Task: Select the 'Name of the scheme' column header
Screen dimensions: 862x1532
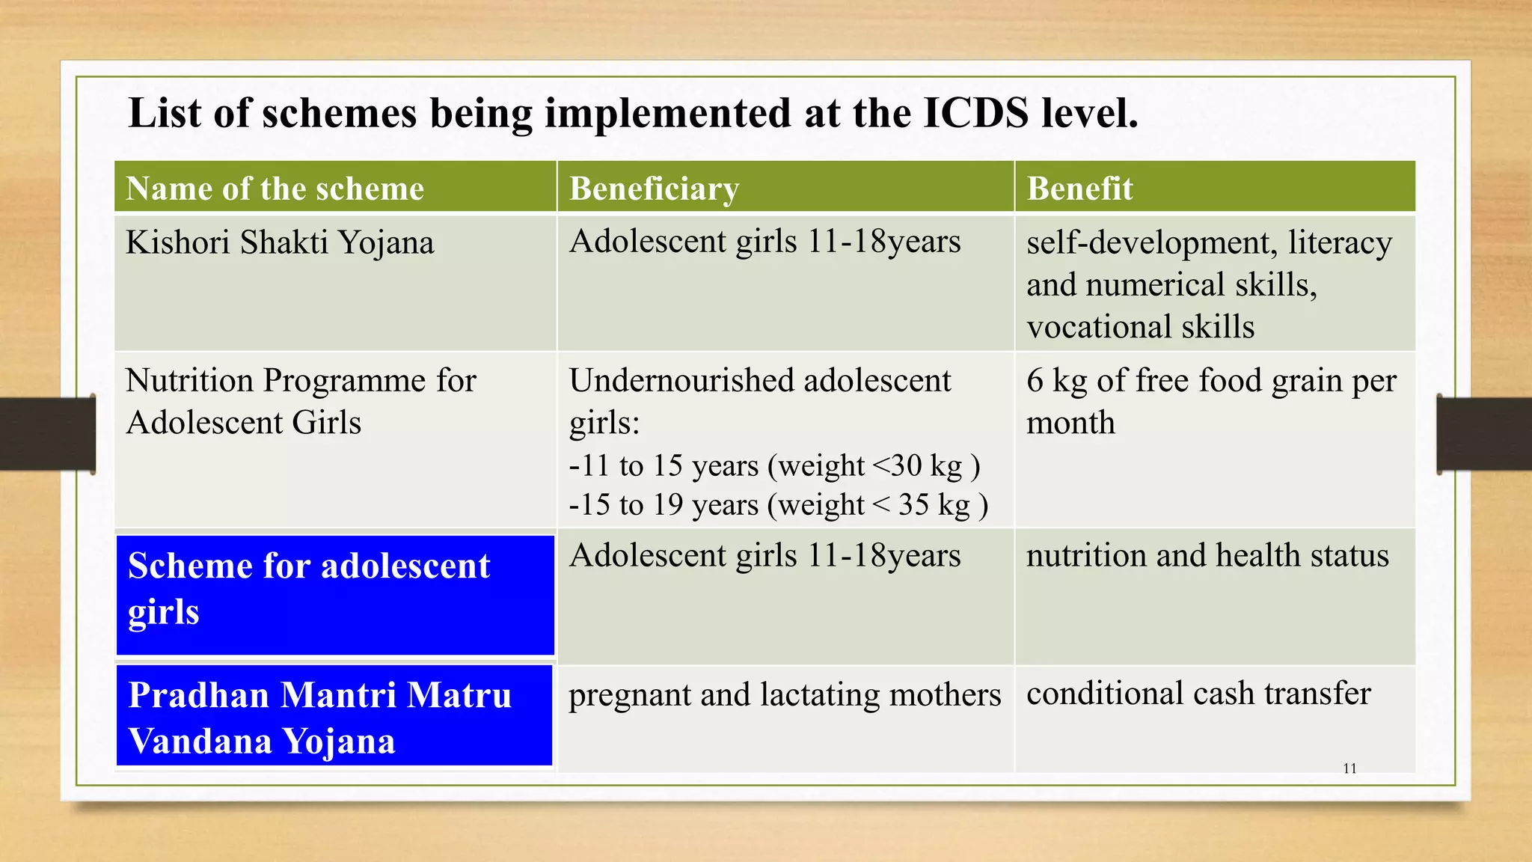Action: (275, 189)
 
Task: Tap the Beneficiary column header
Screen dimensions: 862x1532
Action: (654, 189)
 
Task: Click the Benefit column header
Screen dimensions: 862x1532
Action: (1079, 189)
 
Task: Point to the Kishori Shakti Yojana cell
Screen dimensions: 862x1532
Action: (280, 243)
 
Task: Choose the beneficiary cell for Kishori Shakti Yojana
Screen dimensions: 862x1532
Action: (765, 242)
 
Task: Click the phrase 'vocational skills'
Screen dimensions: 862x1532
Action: (1140, 327)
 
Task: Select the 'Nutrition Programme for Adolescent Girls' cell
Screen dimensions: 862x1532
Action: (301, 401)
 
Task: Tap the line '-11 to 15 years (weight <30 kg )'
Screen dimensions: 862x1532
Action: (774, 465)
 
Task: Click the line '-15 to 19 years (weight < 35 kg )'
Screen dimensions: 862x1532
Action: (778, 504)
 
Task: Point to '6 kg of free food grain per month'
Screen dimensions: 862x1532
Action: (1210, 401)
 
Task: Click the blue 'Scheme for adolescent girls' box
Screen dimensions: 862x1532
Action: (335, 595)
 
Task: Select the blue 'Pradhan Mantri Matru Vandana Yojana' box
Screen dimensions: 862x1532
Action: (334, 716)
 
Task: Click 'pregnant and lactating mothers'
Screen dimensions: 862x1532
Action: (784, 695)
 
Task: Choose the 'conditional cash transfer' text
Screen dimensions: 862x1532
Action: (1198, 694)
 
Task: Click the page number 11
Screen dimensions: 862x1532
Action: (1349, 768)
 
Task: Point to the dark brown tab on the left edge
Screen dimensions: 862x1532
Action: (46, 434)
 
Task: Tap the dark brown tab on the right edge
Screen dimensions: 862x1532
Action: (1484, 434)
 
